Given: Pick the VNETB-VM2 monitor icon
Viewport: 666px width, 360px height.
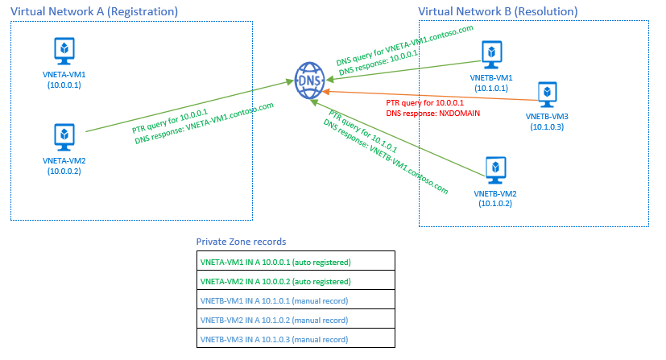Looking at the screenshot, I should click(495, 169).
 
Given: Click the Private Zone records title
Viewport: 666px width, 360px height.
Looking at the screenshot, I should click(241, 241).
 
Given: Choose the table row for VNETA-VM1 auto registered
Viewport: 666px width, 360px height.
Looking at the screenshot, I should click(296, 262).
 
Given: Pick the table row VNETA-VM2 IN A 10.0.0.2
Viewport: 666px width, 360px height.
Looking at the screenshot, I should click(296, 281).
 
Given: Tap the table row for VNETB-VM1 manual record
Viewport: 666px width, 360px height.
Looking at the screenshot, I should click(296, 300).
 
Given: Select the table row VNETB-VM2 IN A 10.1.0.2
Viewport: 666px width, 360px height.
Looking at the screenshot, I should click(296, 320).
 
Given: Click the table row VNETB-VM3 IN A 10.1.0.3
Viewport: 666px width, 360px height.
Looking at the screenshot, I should click(296, 339).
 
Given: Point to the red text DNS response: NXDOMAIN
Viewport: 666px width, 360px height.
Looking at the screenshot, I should click(432, 114).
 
